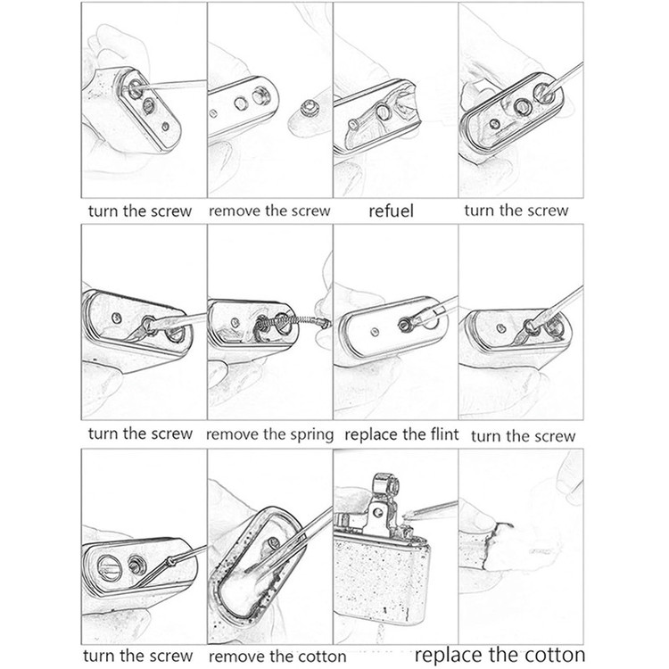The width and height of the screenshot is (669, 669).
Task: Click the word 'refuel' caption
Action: coord(391,211)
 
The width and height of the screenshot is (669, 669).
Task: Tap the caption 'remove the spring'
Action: coord(269,434)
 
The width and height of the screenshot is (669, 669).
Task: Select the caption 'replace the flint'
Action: coord(401,434)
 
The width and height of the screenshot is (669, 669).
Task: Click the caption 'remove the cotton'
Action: coord(277,657)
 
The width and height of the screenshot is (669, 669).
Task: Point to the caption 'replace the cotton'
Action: coord(500,654)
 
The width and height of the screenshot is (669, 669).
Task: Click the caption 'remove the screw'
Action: coord(269,211)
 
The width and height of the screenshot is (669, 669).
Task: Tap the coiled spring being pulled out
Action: coord(294,322)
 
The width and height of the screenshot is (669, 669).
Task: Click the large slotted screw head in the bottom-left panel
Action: coord(110,567)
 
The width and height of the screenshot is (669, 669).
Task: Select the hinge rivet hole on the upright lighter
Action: coord(377,511)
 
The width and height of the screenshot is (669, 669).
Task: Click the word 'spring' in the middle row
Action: coord(312,435)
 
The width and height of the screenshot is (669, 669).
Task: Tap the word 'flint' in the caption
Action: coord(442,434)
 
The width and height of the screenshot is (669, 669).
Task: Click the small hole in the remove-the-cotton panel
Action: coord(273,543)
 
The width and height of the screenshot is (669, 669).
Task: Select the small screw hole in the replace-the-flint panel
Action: coord(375,332)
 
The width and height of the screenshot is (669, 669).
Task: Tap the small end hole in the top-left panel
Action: coord(166,127)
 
